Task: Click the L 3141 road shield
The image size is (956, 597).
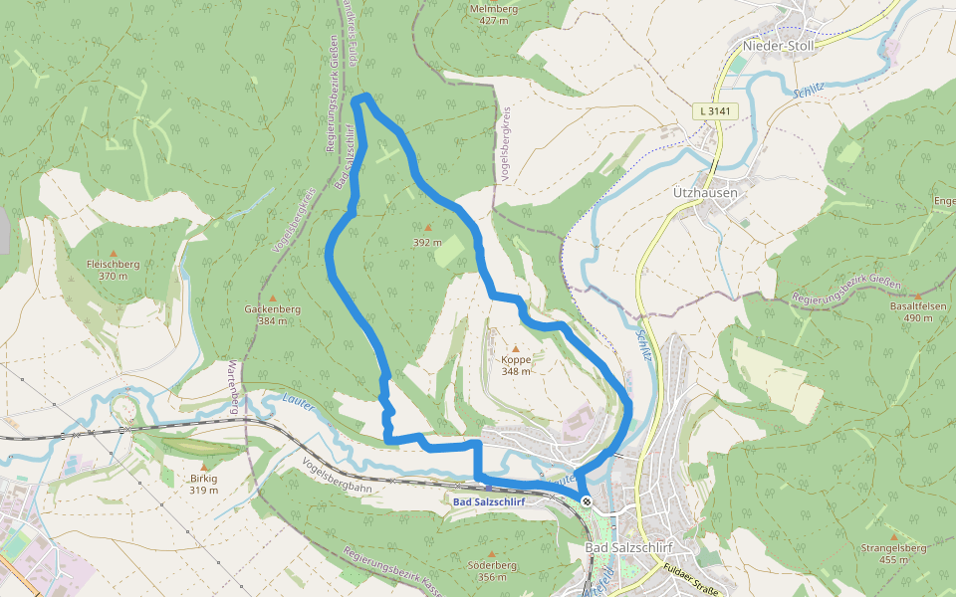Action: coord(716,112)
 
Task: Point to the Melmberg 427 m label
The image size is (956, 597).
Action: coord(494,14)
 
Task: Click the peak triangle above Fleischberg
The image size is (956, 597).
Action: coord(113,253)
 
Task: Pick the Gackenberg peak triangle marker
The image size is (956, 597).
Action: coord(272,298)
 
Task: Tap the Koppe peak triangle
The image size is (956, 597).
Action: coord(516,347)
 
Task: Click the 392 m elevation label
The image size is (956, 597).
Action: coord(427,242)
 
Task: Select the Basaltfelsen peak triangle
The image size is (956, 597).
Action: coord(916,296)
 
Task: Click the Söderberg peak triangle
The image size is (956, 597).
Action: coord(491,553)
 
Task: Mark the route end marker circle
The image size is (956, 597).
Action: coord(587,501)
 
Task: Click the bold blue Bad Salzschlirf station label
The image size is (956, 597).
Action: coord(488,501)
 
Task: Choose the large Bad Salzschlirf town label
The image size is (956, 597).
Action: coord(628,549)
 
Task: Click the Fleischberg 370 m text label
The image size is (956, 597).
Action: coord(113,270)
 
